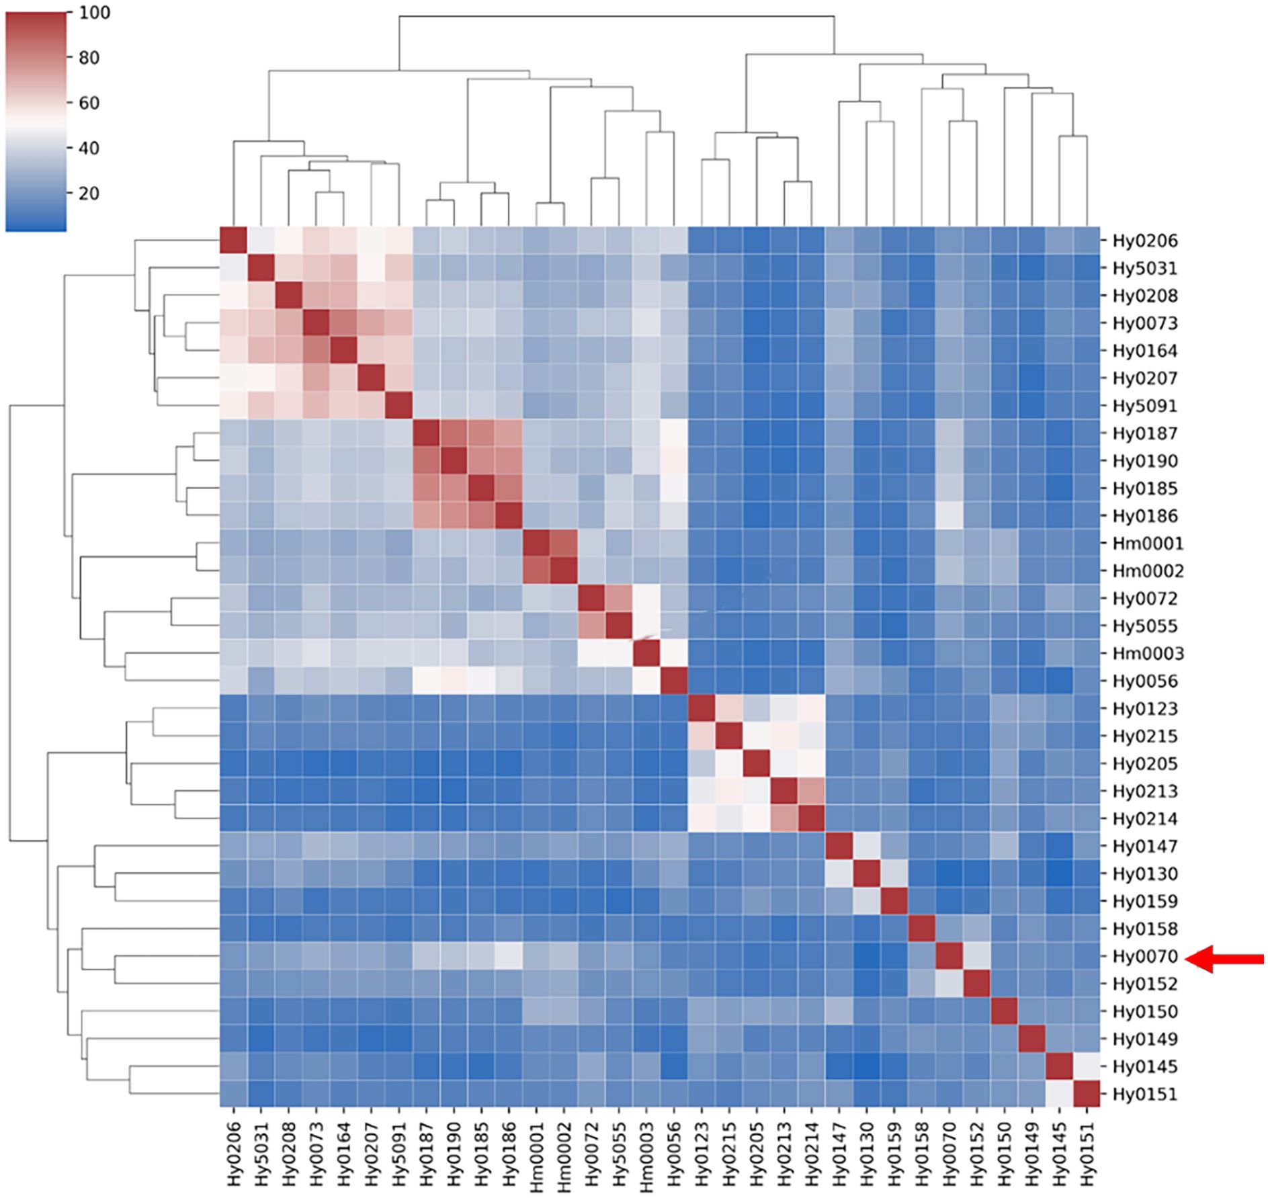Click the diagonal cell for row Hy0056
(x=674, y=681)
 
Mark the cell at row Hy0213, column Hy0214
(x=812, y=791)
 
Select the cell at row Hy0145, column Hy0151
(x=1087, y=1067)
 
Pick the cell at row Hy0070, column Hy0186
(x=509, y=957)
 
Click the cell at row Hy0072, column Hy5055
(x=619, y=599)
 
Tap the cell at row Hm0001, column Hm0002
(x=564, y=544)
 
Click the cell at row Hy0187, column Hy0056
(x=674, y=433)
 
